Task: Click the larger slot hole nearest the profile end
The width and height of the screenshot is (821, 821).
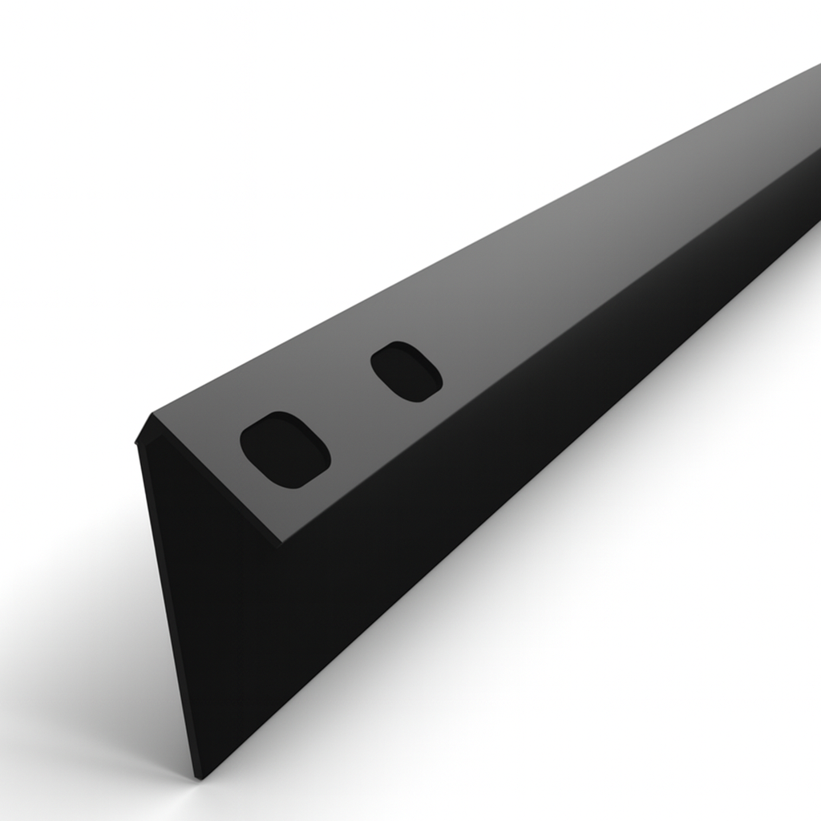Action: point(285,450)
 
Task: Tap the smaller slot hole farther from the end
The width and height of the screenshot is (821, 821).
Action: point(406,371)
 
